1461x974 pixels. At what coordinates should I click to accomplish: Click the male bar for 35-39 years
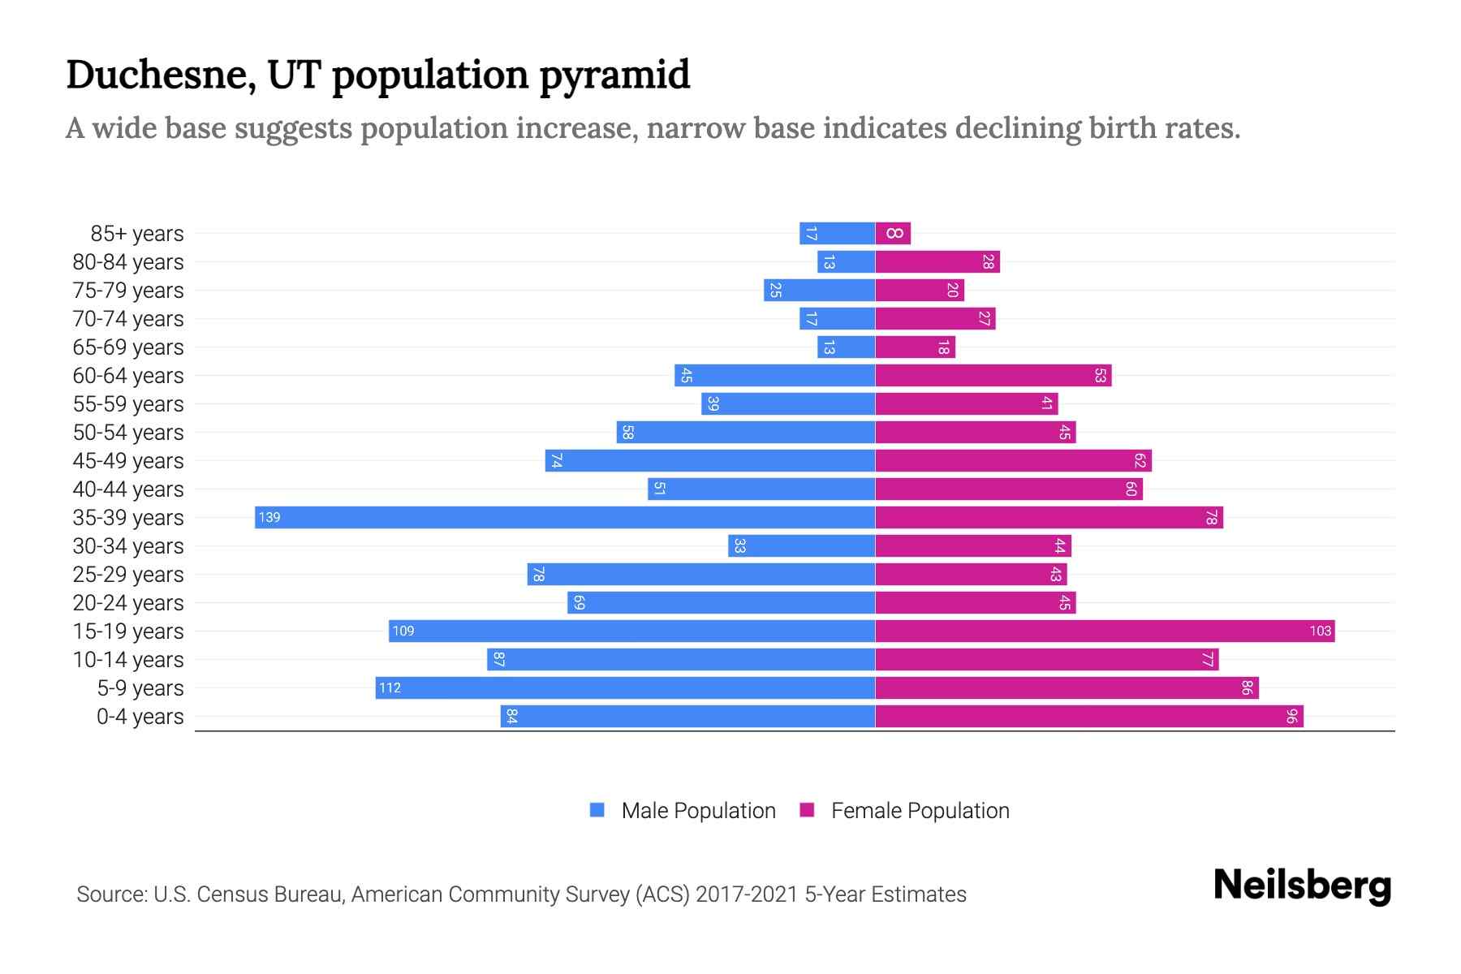point(565,518)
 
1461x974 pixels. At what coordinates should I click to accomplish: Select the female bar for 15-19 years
point(1104,631)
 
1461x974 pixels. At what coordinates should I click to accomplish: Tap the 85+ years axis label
point(136,234)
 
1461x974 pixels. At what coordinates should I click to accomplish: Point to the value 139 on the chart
point(269,518)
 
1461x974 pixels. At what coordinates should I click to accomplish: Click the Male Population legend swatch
point(597,810)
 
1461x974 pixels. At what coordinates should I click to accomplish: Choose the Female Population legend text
point(920,811)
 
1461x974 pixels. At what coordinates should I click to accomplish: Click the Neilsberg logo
point(1302,886)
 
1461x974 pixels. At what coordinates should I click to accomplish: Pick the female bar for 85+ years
point(893,234)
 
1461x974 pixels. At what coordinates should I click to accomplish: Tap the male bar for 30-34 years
point(802,546)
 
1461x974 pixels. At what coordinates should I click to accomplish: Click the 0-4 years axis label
point(140,717)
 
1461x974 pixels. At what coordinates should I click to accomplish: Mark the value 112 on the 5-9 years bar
point(390,688)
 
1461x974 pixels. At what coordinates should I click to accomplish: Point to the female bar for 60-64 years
point(993,376)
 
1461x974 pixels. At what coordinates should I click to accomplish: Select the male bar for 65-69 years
point(846,347)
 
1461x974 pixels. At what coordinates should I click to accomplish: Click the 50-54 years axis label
point(128,433)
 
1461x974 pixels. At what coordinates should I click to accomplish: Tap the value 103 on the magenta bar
point(1320,631)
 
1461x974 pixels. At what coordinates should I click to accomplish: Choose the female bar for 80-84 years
point(937,262)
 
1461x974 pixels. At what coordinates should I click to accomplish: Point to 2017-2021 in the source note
point(746,894)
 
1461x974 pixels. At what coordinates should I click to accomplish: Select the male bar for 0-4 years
point(687,717)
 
